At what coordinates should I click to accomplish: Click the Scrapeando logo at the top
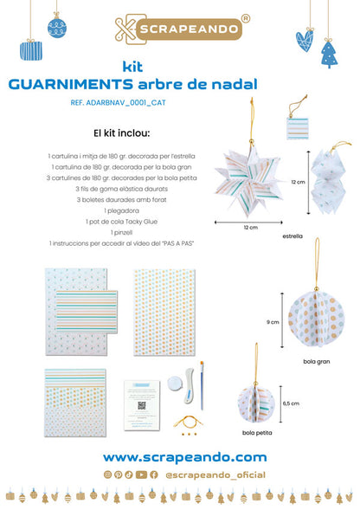tap(180, 29)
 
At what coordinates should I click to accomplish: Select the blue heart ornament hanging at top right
tap(305, 39)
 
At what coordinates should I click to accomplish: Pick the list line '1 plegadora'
tap(121, 210)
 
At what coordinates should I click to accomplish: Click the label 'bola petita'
tap(254, 431)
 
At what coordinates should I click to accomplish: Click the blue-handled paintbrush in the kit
tap(202, 384)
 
